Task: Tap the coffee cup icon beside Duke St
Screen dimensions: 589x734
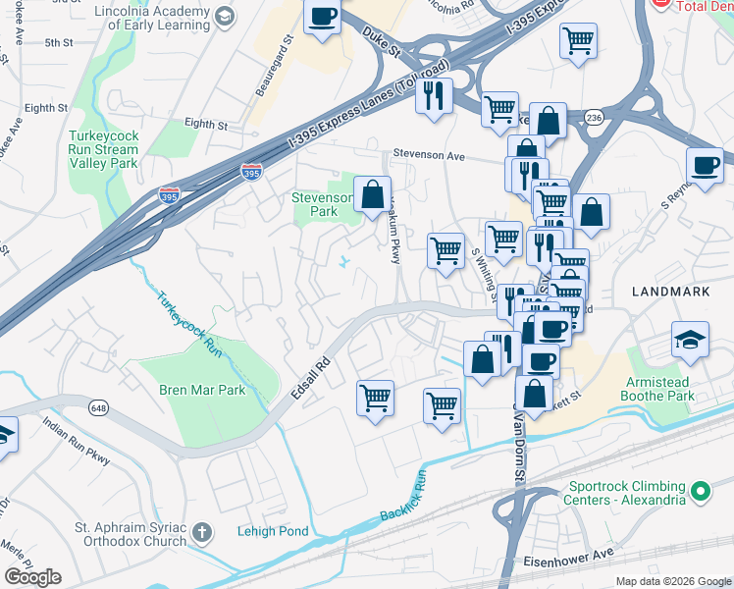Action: pos(322,17)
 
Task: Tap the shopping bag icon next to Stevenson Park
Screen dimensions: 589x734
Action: pos(373,194)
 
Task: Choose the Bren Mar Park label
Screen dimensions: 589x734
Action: pos(202,390)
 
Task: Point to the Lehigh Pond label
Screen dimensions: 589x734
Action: pos(273,531)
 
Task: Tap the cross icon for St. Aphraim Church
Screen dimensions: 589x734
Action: pos(203,533)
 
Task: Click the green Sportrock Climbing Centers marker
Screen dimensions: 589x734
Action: pos(700,490)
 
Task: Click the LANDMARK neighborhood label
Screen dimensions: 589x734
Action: pos(673,292)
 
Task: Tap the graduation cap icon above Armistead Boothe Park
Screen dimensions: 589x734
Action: pos(690,340)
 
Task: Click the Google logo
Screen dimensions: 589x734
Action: pos(33,576)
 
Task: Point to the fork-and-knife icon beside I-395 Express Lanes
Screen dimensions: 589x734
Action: pos(433,96)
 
